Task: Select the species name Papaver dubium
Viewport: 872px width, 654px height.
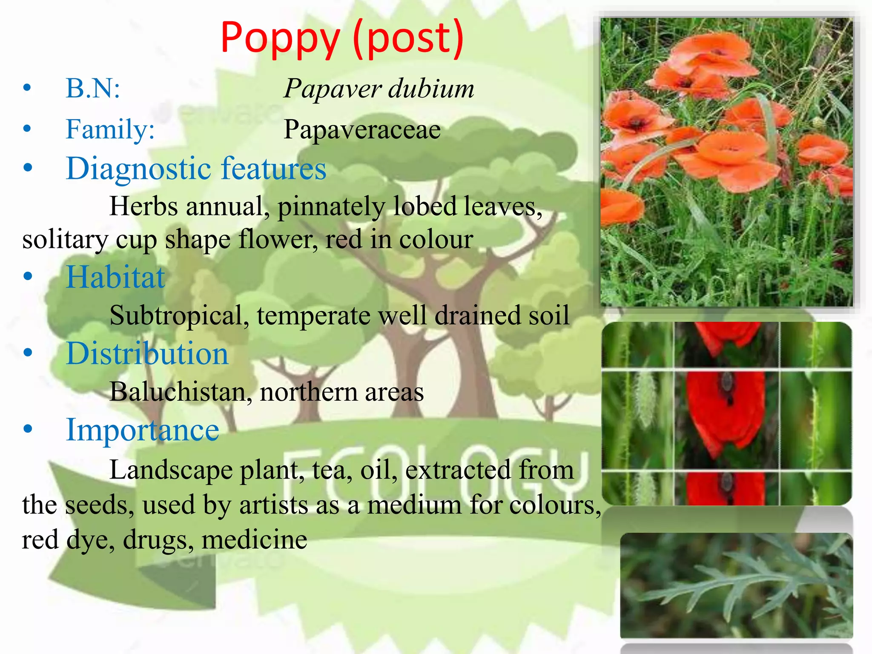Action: point(379,89)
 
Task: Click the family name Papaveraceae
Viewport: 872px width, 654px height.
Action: point(362,129)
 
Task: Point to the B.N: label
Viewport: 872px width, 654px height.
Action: point(93,89)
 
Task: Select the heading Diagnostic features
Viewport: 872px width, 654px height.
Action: point(196,168)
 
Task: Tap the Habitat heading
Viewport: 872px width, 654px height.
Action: point(115,277)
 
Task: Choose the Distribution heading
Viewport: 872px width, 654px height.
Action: point(147,353)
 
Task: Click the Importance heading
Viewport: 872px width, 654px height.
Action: point(143,430)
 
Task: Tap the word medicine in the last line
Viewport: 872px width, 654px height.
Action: point(254,539)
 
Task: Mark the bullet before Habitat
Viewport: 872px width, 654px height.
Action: point(28,277)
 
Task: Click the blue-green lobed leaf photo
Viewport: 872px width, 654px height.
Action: point(736,585)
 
